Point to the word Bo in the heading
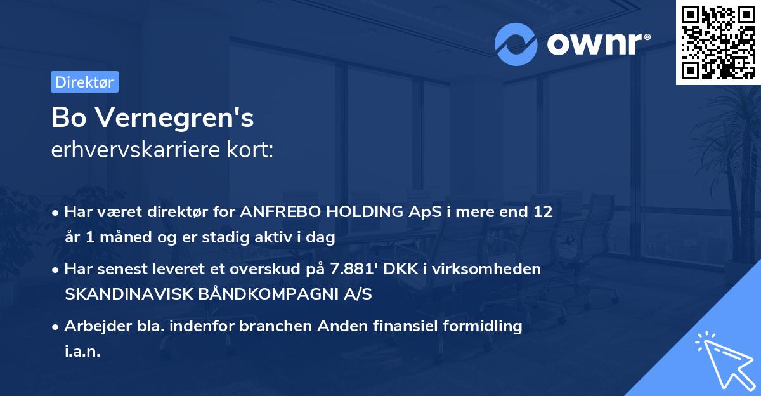click(x=66, y=118)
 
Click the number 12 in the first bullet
click(x=543, y=212)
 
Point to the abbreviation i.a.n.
click(x=82, y=351)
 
